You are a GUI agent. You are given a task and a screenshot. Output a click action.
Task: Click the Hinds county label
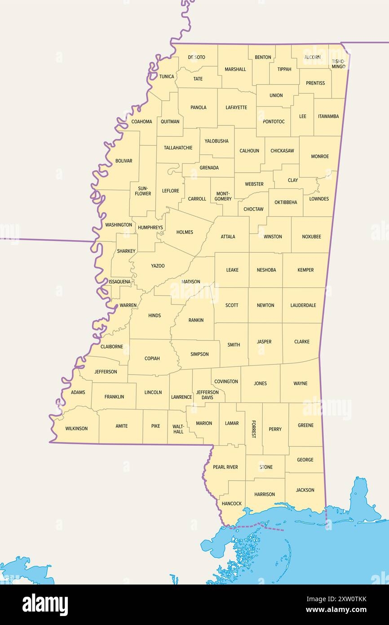point(155,316)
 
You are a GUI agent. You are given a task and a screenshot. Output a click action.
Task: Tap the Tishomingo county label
point(338,64)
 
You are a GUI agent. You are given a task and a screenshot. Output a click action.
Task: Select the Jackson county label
point(305,490)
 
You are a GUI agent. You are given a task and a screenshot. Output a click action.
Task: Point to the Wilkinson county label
point(76,429)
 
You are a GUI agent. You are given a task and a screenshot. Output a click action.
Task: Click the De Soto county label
point(196,57)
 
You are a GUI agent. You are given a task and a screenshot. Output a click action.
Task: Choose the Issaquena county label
point(119,282)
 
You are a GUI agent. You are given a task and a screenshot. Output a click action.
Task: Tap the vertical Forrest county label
point(253,429)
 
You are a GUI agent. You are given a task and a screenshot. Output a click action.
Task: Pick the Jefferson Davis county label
point(207,395)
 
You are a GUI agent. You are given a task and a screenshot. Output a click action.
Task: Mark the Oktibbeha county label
point(286,202)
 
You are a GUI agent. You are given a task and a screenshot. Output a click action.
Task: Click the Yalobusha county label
point(217,141)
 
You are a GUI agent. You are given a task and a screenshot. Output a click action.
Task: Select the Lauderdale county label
point(303,305)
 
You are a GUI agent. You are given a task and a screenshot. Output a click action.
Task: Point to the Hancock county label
point(232,504)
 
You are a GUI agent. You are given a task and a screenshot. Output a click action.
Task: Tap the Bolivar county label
point(124,161)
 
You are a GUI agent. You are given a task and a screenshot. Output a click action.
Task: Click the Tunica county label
point(167,76)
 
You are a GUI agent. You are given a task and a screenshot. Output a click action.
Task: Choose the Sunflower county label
point(143,191)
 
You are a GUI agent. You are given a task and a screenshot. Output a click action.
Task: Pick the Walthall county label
point(178,429)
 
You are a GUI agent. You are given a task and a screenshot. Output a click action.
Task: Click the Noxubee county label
point(311,237)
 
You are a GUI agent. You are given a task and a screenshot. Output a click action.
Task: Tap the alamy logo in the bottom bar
point(45,605)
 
